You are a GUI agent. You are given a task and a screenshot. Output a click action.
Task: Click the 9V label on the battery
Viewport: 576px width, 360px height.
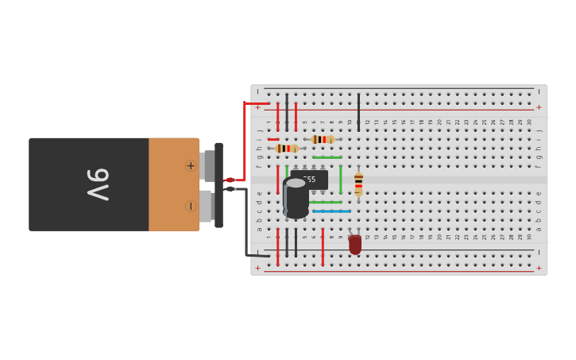click(98, 184)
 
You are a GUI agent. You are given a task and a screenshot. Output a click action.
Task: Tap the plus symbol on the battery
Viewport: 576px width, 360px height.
click(191, 165)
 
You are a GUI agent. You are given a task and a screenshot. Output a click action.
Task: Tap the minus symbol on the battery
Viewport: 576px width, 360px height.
click(191, 206)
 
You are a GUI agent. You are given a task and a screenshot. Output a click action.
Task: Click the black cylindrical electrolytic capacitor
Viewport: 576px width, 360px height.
click(296, 199)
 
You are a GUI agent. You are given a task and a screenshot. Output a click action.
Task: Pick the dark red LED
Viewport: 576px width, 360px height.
click(355, 244)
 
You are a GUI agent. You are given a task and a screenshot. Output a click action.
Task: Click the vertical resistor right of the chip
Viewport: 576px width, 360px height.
click(358, 184)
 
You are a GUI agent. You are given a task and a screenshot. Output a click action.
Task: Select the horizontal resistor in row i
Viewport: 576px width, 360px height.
click(322, 139)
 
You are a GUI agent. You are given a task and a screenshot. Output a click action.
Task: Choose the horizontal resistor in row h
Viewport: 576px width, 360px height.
click(287, 149)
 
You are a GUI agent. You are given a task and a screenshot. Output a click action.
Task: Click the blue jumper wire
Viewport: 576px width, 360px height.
click(331, 211)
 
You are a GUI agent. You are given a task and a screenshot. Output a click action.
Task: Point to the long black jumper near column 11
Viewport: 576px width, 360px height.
click(358, 111)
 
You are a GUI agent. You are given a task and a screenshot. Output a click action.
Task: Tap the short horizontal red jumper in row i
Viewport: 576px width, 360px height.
click(273, 139)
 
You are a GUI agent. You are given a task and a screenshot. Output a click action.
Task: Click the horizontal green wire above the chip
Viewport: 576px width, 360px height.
click(327, 157)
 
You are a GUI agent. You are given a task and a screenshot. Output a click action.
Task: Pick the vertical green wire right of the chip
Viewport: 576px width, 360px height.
click(340, 179)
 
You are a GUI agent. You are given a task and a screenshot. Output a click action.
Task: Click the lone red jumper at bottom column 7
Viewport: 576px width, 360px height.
click(323, 246)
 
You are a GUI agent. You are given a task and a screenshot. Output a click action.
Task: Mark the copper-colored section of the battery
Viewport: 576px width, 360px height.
click(173, 184)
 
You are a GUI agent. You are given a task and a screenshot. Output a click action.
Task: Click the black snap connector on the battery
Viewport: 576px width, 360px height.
click(218, 184)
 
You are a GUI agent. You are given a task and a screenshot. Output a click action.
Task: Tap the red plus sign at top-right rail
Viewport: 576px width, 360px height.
click(539, 107)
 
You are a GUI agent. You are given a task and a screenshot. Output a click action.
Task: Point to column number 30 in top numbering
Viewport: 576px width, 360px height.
click(529, 122)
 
